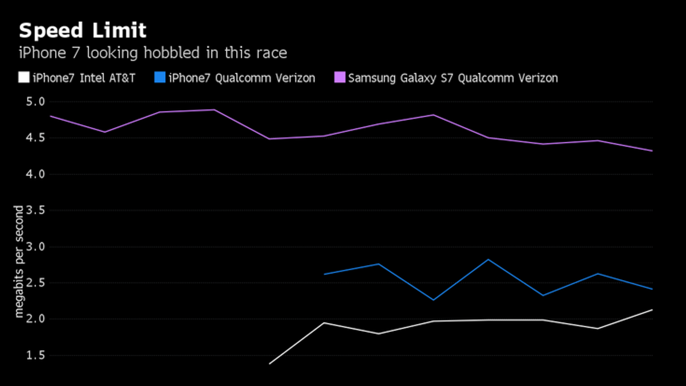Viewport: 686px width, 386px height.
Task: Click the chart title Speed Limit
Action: (x=82, y=31)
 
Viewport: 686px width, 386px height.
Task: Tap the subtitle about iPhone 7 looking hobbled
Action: (x=153, y=53)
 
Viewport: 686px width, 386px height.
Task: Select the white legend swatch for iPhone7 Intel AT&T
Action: (x=24, y=78)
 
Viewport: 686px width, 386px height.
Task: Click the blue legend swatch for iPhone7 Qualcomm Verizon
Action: (x=159, y=78)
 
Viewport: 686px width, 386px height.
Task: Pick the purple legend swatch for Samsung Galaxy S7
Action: (x=340, y=78)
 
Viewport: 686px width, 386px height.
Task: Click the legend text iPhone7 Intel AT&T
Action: (x=84, y=78)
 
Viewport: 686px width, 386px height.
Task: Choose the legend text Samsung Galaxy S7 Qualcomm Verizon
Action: (x=453, y=78)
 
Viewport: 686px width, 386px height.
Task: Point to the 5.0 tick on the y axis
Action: (x=35, y=102)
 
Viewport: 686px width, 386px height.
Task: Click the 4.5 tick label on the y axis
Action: (x=35, y=138)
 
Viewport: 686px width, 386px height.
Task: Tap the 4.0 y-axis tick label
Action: (x=35, y=174)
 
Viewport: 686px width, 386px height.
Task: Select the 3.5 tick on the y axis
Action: (x=35, y=210)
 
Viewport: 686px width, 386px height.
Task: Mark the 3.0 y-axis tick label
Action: (x=35, y=247)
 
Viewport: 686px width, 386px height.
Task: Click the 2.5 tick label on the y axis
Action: (x=35, y=283)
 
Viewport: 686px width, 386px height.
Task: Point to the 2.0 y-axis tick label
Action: (x=35, y=319)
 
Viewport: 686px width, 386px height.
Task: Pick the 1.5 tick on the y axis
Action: (x=35, y=355)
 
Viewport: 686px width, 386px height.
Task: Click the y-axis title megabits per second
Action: (x=19, y=262)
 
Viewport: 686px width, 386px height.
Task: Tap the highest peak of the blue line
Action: (x=488, y=259)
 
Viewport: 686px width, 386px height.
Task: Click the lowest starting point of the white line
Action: (x=270, y=364)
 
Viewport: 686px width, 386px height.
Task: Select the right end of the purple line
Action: (x=652, y=151)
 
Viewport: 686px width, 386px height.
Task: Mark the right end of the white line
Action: (x=652, y=310)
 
